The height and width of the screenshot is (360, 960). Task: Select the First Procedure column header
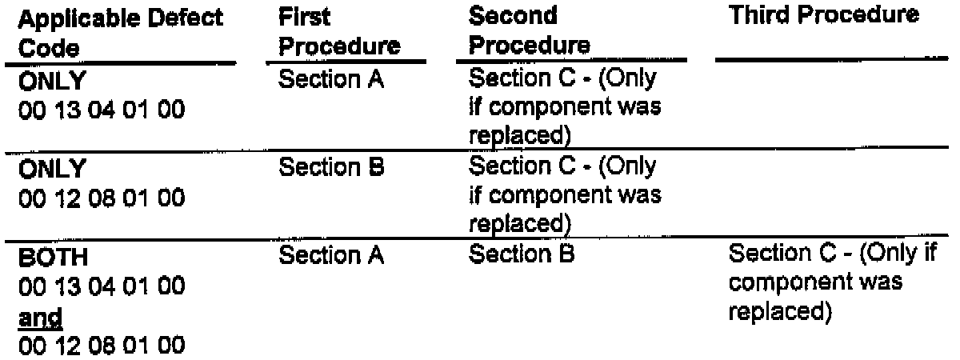coord(340,31)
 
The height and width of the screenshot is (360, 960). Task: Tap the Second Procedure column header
coord(529,31)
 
